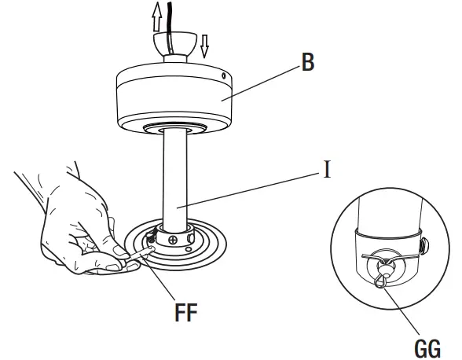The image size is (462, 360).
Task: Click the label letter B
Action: [x=307, y=63]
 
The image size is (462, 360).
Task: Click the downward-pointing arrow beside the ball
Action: [x=205, y=46]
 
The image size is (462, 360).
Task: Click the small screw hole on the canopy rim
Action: [x=225, y=76]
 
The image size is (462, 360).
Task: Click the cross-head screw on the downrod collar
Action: [x=172, y=237]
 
